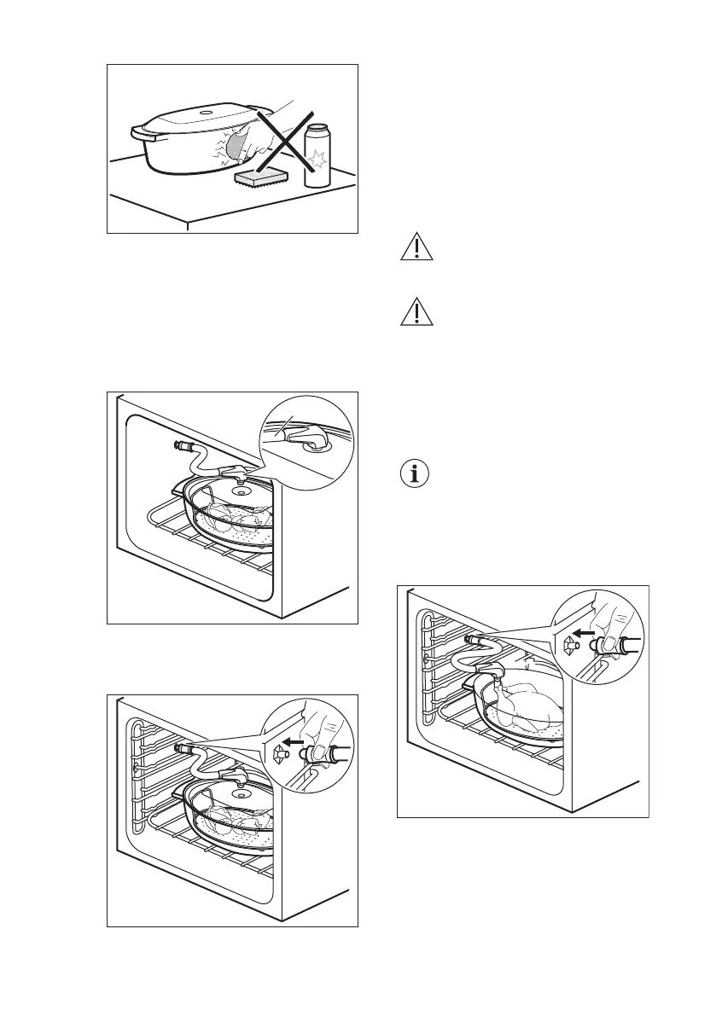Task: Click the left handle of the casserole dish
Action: coord(138,134)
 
